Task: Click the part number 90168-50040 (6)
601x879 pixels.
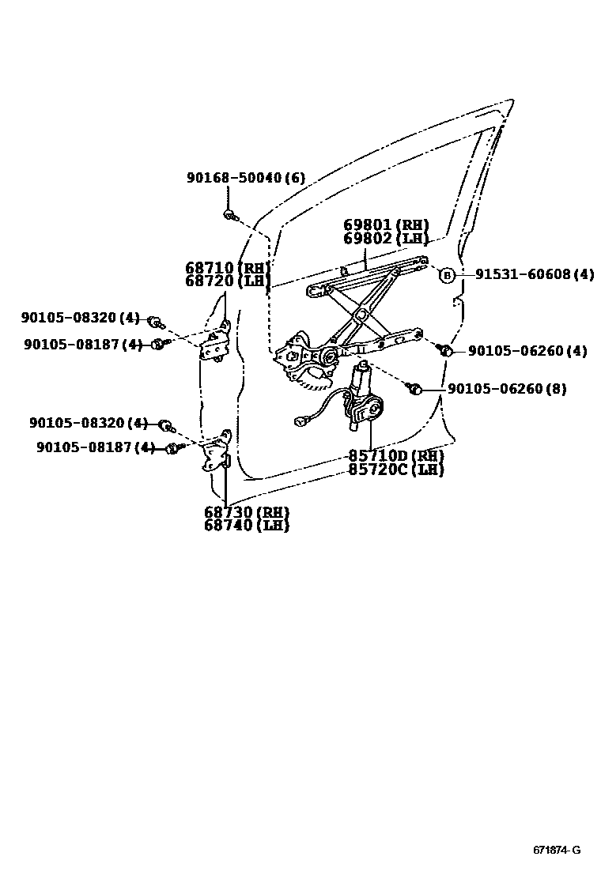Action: point(245,179)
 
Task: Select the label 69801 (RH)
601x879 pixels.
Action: point(386,224)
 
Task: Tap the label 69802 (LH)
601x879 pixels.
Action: point(386,238)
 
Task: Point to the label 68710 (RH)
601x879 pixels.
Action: point(228,268)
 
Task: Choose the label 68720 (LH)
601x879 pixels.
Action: point(228,281)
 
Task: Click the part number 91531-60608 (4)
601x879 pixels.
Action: point(534,274)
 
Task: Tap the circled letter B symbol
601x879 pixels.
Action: point(447,275)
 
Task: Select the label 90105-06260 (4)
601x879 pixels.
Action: point(527,351)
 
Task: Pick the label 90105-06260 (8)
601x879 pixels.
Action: point(506,389)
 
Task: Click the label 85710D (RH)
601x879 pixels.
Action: point(395,456)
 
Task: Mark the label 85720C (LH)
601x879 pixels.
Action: point(395,470)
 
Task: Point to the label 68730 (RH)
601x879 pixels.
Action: point(246,512)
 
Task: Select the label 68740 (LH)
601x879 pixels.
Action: point(246,525)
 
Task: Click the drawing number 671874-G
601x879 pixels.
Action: point(556,851)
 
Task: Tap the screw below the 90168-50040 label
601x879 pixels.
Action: point(229,214)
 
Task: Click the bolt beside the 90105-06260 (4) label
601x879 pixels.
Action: point(445,349)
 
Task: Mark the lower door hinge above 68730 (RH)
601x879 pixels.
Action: point(216,457)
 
